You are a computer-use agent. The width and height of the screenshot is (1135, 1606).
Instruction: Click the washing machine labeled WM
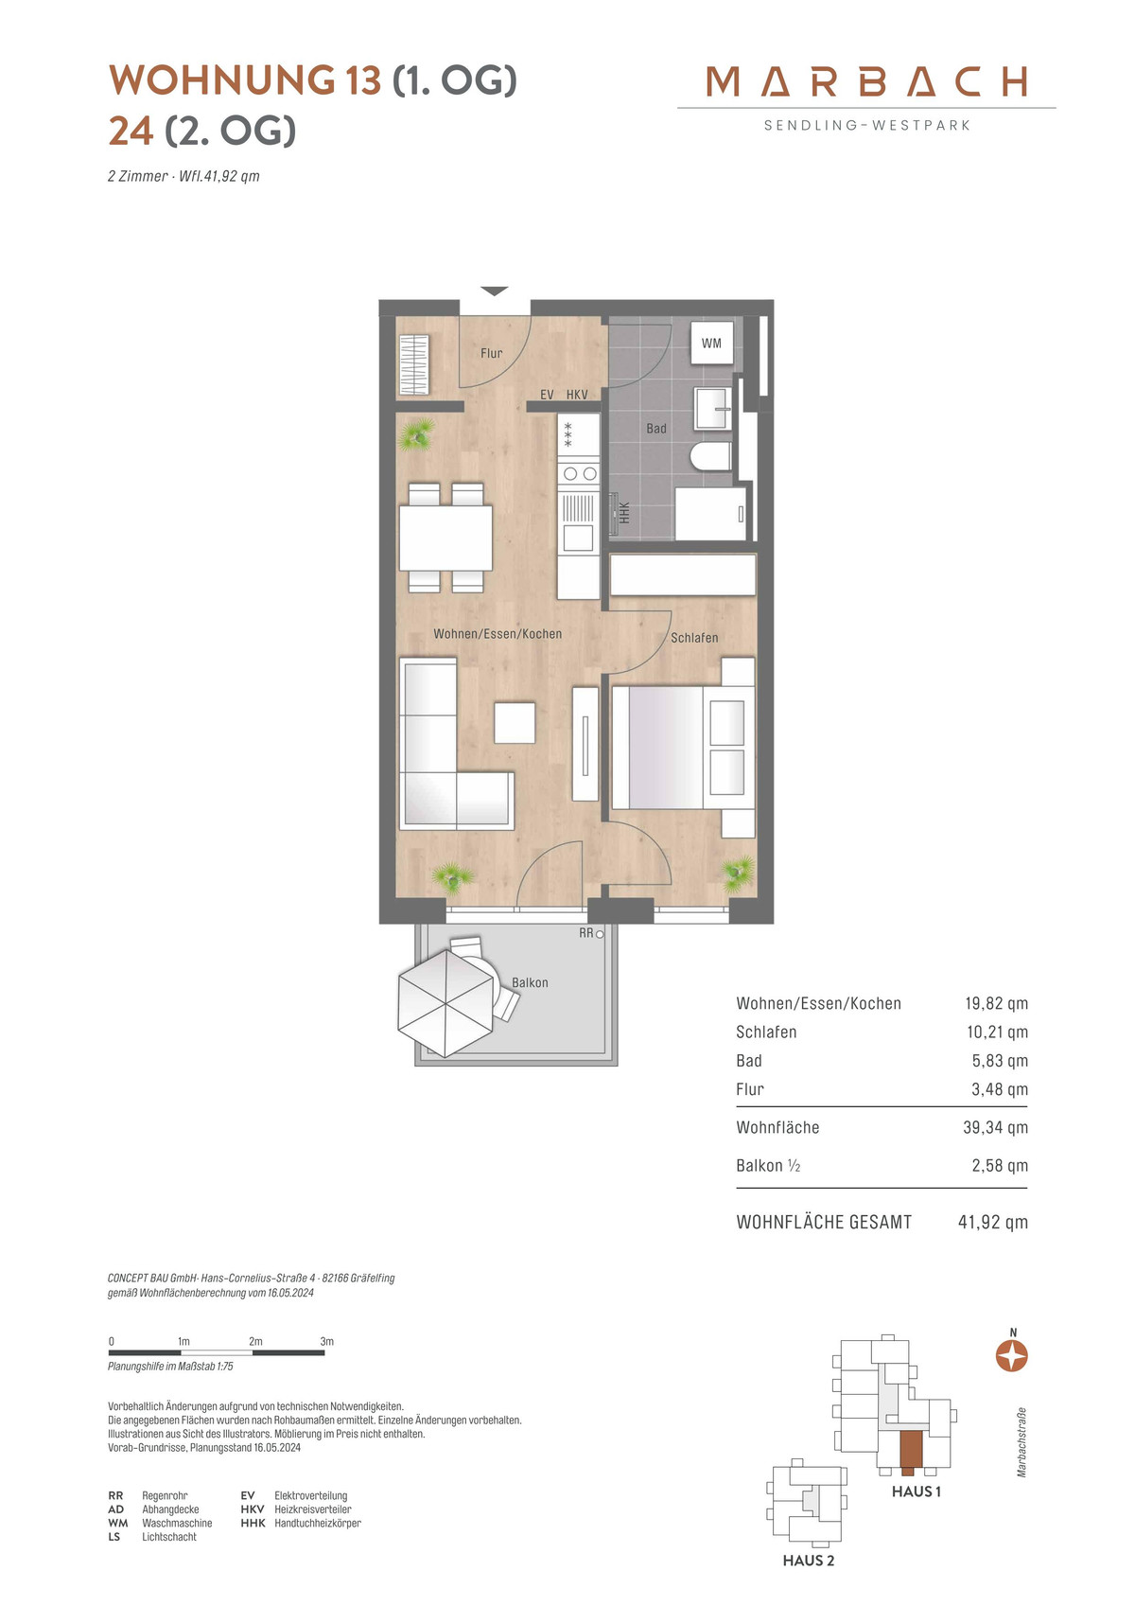(711, 343)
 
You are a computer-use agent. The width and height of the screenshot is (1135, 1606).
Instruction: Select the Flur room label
(492, 353)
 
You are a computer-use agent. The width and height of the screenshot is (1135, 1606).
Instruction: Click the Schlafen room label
(693, 637)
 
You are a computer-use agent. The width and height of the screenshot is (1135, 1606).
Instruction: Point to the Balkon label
(530, 982)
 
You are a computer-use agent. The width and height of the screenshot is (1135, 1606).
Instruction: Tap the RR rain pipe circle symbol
(600, 934)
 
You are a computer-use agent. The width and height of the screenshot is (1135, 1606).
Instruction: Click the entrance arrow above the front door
(495, 291)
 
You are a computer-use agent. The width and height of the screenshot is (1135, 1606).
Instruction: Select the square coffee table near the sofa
(515, 723)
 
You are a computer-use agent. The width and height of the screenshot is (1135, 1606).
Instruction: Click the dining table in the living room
(445, 538)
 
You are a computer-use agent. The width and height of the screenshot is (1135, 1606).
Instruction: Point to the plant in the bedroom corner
(738, 873)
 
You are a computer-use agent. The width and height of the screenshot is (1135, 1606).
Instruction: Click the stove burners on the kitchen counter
(579, 473)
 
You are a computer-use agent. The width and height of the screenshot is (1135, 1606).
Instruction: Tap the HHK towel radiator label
(624, 512)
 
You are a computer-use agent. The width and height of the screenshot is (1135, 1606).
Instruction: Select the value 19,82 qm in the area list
(996, 1003)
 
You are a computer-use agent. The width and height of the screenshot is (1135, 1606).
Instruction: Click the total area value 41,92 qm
(992, 1222)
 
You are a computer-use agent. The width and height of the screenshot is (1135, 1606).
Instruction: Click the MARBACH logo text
(866, 81)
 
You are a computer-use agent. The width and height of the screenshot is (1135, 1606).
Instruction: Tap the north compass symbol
(1012, 1356)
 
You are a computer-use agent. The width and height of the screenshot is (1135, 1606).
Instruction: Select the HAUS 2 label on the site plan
(809, 1561)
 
